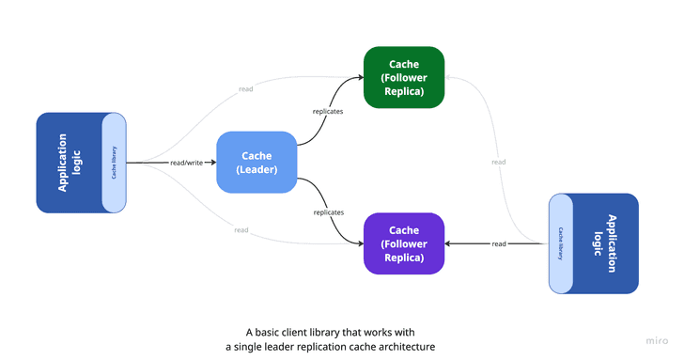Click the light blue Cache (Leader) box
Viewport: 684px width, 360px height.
(256, 163)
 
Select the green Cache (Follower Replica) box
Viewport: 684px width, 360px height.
(404, 77)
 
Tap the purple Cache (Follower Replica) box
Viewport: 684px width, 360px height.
(404, 243)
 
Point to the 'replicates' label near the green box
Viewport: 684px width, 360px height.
(328, 111)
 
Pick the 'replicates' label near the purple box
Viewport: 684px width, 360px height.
(328, 212)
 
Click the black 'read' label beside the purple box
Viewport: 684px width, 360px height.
(499, 243)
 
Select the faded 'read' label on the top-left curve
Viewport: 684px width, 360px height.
(245, 88)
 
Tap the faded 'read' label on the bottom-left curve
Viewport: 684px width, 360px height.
(241, 230)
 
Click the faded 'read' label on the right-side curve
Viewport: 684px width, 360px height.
(498, 162)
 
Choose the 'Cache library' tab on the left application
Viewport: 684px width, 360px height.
(114, 163)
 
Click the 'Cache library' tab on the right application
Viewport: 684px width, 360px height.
(560, 243)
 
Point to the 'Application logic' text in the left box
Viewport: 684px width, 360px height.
(70, 163)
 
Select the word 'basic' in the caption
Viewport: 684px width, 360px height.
(274, 332)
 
